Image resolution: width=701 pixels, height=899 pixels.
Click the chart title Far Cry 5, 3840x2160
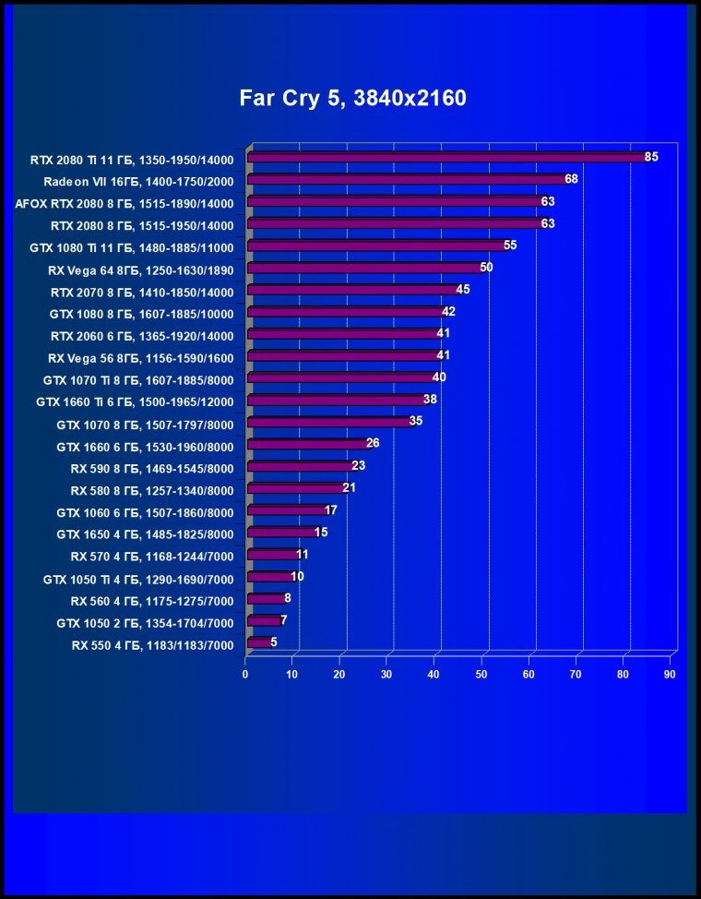(x=352, y=98)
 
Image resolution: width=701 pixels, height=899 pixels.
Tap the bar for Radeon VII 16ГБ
(x=407, y=179)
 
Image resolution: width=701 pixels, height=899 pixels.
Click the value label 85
(x=651, y=157)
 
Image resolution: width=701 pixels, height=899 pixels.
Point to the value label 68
(x=571, y=179)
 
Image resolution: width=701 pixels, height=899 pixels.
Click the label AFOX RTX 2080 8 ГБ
(x=125, y=203)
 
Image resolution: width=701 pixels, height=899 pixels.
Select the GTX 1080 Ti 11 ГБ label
(x=131, y=247)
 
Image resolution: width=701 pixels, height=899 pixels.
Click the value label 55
(x=510, y=246)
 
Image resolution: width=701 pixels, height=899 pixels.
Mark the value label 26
(x=373, y=443)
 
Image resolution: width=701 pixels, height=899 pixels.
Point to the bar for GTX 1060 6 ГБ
(x=287, y=509)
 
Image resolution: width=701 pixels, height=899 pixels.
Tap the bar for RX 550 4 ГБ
(x=259, y=642)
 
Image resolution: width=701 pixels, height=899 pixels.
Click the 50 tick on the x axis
(x=481, y=676)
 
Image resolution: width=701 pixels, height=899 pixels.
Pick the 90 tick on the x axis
(x=670, y=676)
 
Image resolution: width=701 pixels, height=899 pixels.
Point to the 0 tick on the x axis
(x=245, y=676)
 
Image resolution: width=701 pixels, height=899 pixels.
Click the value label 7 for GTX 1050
(x=283, y=620)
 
